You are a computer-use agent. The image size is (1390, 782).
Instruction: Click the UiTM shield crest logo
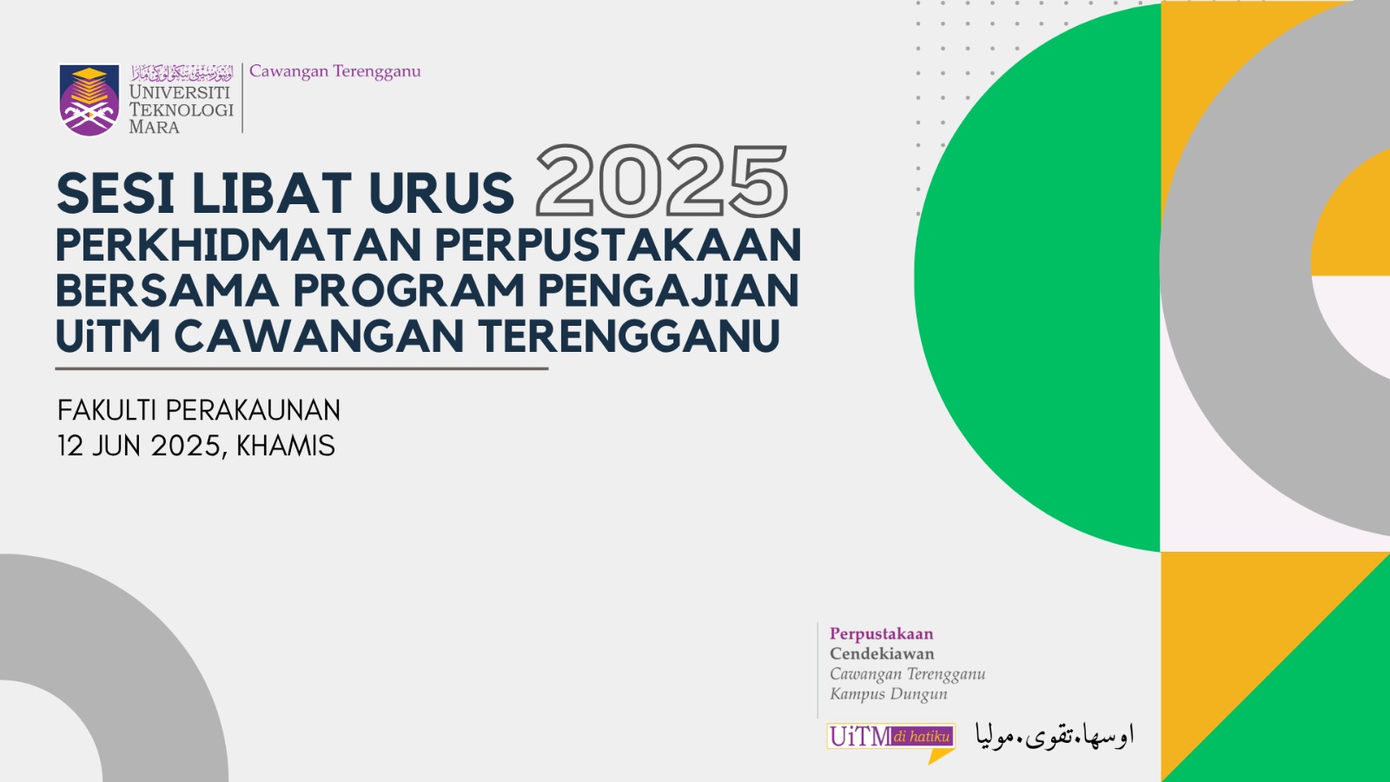(89, 100)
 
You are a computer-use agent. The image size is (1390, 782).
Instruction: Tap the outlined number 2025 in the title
(662, 182)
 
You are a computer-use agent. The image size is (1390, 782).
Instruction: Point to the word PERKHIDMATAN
(239, 245)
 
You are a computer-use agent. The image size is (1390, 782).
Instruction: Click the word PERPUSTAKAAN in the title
(618, 245)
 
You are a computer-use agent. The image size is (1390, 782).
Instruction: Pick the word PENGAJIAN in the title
(668, 290)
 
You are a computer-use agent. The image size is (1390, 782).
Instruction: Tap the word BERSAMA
(168, 290)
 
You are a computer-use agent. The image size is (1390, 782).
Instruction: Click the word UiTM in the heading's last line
(109, 335)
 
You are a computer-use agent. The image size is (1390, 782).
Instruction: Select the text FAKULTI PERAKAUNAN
(199, 410)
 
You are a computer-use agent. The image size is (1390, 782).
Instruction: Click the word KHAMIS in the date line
(286, 447)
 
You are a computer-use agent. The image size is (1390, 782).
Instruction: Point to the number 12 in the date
(70, 447)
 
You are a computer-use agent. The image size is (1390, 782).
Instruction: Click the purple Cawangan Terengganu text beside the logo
(335, 71)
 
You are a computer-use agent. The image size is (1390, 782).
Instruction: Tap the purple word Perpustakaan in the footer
(882, 634)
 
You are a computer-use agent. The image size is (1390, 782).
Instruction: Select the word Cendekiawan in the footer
(882, 653)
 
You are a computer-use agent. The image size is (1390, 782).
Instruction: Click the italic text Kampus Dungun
(889, 694)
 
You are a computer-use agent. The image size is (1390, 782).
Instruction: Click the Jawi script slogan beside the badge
(1055, 735)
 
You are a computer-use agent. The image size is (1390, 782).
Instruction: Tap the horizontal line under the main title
(301, 368)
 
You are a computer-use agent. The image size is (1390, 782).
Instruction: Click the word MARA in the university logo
(154, 127)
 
